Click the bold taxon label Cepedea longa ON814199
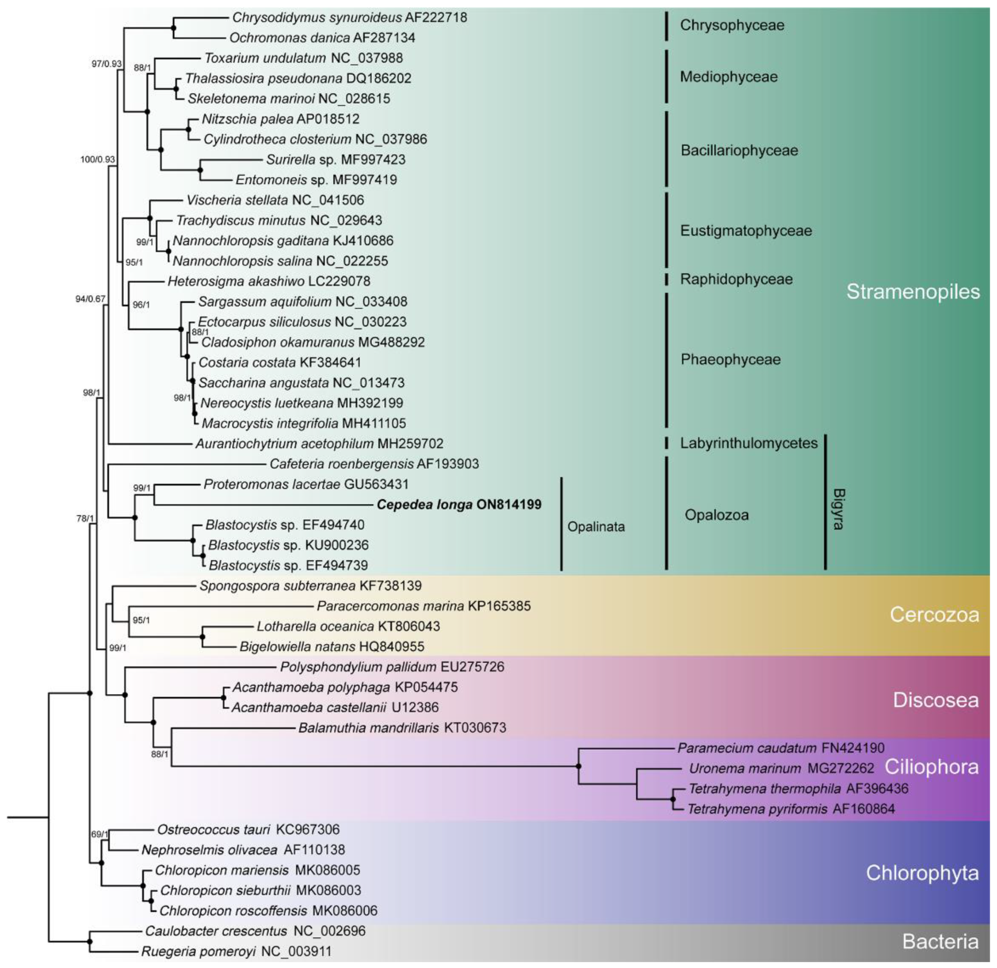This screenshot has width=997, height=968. tap(459, 505)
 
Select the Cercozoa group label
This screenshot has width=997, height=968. tap(934, 614)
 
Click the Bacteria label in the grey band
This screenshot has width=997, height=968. tap(940, 942)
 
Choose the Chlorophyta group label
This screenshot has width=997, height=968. tap(922, 873)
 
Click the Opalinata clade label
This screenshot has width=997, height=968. tap(595, 526)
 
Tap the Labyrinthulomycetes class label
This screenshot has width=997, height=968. tap(749, 443)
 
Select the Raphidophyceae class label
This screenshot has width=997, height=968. tap(736, 279)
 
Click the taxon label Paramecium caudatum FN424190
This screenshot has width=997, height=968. tap(780, 748)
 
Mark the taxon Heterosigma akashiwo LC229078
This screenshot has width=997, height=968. tap(268, 281)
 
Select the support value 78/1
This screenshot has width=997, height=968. tap(85, 519)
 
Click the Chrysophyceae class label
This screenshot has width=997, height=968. tap(732, 25)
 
